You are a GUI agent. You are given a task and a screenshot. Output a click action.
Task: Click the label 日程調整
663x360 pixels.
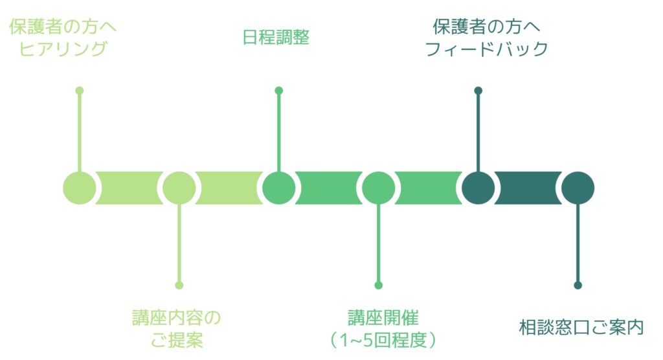tap(276, 37)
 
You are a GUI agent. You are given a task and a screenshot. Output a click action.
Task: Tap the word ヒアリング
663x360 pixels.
tap(63, 49)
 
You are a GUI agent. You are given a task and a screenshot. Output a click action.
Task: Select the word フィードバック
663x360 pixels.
tap(486, 49)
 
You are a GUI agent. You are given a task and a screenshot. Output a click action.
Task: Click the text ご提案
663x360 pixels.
tap(177, 340)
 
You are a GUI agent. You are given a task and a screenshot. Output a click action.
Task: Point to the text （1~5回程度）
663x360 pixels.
tap(383, 340)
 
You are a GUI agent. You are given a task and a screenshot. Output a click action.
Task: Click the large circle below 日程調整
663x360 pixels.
tap(278, 188)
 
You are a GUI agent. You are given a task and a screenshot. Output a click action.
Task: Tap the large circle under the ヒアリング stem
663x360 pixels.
tap(80, 188)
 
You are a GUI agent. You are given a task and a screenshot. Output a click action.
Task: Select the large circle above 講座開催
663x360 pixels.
tap(378, 188)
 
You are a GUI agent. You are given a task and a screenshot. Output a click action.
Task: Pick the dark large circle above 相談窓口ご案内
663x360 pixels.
tap(578, 188)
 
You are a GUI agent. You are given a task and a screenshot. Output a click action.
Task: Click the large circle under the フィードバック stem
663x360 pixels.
tap(478, 188)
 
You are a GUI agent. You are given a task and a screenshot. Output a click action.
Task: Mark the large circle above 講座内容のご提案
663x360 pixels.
tap(179, 188)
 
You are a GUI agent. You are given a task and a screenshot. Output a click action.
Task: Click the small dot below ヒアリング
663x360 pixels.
tap(80, 91)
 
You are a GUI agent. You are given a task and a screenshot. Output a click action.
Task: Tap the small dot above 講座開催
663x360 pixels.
tap(378, 285)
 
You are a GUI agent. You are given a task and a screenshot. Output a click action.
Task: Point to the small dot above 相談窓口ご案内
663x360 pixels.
tap(578, 285)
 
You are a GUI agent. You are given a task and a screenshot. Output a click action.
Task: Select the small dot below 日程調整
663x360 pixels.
tap(278, 91)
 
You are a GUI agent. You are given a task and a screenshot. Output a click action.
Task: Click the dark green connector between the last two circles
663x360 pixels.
tap(528, 188)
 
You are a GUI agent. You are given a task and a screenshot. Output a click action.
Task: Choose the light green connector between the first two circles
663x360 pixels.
tap(129, 188)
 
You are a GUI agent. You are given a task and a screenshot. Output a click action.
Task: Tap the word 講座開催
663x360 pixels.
tap(383, 318)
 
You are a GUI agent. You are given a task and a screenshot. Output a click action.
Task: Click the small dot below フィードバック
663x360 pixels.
tap(478, 91)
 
